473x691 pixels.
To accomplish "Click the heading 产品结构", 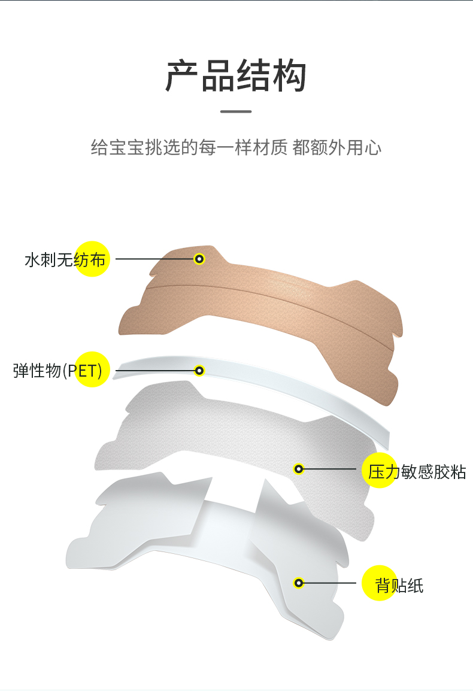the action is click(236, 76).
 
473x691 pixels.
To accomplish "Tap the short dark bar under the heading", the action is click(236, 111).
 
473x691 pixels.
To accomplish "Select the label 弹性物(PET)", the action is click(57, 371).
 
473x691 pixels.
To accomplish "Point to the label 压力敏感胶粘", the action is click(417, 472).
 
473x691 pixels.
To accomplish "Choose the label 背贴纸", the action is click(399, 585).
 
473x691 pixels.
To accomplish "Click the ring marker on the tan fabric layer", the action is click(199, 259).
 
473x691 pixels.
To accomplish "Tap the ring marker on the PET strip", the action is click(199, 371).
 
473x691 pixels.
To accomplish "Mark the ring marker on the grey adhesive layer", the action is click(299, 469).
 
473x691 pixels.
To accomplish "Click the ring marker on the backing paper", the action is click(299, 582).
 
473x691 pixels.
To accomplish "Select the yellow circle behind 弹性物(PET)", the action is click(92, 370).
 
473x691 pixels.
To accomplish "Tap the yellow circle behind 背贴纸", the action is click(380, 583).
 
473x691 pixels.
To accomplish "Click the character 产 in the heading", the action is click(183, 76).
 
